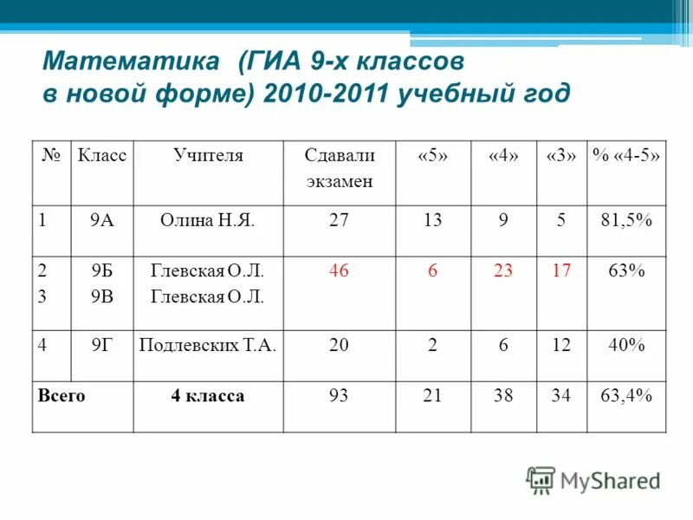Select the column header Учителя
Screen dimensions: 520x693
tap(208, 156)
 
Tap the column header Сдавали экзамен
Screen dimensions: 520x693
tap(339, 168)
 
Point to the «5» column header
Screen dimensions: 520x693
tap(433, 156)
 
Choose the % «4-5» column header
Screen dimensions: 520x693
tap(626, 156)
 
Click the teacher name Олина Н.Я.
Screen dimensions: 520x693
tap(208, 221)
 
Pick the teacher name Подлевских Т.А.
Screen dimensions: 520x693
tap(208, 345)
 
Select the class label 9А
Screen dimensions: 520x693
tap(102, 221)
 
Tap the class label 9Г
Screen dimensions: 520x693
tap(102, 345)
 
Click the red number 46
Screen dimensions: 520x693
tap(339, 271)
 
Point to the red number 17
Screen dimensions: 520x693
tap(561, 271)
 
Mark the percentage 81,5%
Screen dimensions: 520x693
tap(626, 221)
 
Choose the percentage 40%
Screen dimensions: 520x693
tap(626, 345)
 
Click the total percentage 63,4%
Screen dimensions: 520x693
tap(626, 396)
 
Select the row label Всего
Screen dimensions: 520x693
tap(62, 396)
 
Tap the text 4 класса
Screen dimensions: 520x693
tap(208, 396)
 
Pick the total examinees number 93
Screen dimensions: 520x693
tap(339, 396)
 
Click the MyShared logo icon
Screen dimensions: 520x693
tap(541, 479)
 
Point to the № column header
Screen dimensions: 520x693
tap(51, 156)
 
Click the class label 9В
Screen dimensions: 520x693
tap(102, 296)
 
